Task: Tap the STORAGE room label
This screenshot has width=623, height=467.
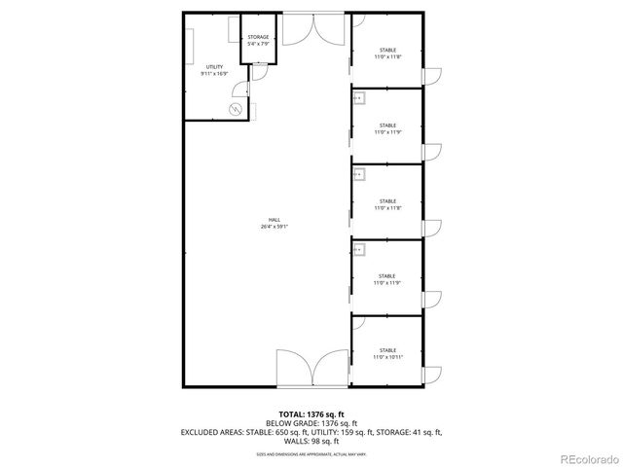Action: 258,37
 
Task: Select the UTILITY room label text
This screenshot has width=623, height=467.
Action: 213,66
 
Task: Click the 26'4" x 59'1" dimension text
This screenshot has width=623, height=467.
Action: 274,227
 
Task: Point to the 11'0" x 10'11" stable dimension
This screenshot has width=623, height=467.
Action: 387,357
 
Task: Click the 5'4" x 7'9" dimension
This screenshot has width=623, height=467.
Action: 258,44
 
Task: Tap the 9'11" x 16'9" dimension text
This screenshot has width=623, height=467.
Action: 213,73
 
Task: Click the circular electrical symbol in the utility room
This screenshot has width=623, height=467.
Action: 235,109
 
